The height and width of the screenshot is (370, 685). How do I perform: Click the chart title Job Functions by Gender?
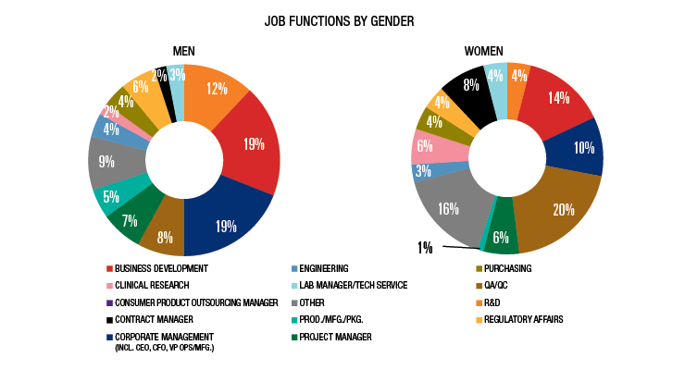point(342,19)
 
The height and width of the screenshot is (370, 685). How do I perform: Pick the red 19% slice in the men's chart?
point(247,143)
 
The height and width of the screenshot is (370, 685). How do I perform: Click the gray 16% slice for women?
point(445,207)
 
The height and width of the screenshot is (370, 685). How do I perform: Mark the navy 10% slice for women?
point(582,147)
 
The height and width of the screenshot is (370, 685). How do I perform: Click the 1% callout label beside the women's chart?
point(424,246)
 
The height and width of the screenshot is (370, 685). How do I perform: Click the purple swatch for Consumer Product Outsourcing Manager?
point(109,302)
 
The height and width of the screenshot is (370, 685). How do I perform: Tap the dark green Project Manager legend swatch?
point(292,336)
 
